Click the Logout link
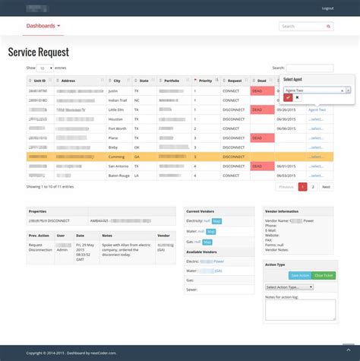[x=327, y=8]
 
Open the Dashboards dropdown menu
[x=43, y=26]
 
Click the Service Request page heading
[x=38, y=52]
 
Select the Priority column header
[x=205, y=80]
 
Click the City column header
[x=117, y=80]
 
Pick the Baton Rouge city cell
[x=120, y=175]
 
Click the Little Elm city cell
[x=118, y=109]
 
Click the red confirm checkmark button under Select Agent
[x=289, y=97]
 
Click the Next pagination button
[x=326, y=186]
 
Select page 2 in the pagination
[x=313, y=186]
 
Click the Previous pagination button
[x=286, y=186]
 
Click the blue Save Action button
[x=299, y=275]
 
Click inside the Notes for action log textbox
[x=299, y=307]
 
